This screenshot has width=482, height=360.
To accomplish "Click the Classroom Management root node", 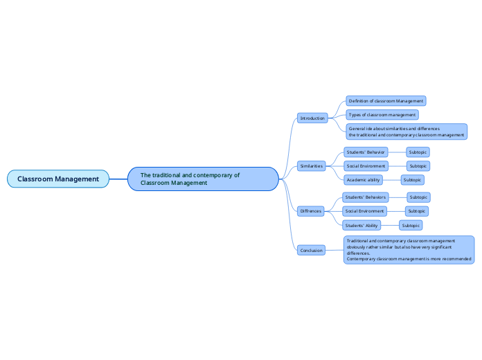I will click(x=58, y=179).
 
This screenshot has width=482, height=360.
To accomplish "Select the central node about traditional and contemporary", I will click(x=203, y=179).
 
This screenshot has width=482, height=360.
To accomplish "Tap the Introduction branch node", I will click(x=312, y=118).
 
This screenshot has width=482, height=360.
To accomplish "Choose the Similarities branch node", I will click(x=312, y=166).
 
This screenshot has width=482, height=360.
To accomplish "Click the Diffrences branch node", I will click(x=310, y=210).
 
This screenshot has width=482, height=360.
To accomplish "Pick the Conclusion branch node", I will click(x=311, y=250).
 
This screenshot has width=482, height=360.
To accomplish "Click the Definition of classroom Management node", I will click(x=386, y=101).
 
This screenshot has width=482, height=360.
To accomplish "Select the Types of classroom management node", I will click(x=382, y=114).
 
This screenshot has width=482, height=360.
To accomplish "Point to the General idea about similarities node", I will click(x=406, y=132).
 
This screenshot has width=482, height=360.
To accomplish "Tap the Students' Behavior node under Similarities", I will click(x=366, y=152).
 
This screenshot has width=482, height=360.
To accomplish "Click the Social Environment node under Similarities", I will click(x=366, y=166).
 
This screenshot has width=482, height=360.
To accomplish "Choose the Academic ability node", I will click(x=364, y=180).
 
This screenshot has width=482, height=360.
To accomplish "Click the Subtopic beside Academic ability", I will click(x=412, y=180).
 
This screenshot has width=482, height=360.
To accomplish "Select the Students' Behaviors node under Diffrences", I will click(x=365, y=197).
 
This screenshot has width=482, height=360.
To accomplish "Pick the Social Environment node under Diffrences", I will click(x=365, y=211).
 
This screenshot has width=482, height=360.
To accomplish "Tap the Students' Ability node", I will click(x=362, y=225).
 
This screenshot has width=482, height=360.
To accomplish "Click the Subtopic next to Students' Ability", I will click(x=411, y=225).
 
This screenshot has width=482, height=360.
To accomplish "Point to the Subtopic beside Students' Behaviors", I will click(x=418, y=197).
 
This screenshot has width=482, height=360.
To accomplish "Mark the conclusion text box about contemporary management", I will click(x=409, y=250).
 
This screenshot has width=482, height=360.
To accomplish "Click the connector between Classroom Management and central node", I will click(x=118, y=179).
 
